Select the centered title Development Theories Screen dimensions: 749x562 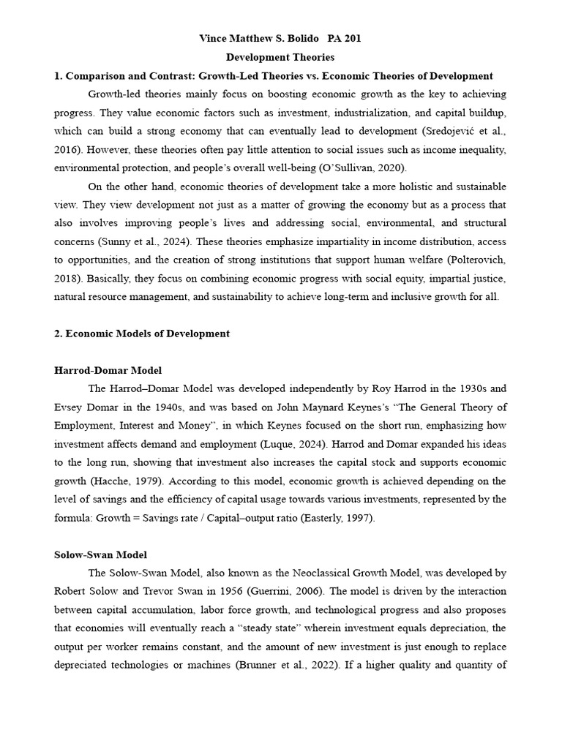click(280, 57)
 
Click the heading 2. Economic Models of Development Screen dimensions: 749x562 click(142, 334)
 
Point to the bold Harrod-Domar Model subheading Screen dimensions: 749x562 click(108, 370)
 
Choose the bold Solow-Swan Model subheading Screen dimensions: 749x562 click(101, 555)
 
